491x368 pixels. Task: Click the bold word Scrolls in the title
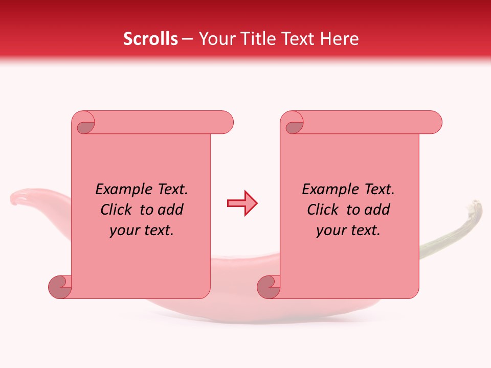150,39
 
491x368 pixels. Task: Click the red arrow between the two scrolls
242,203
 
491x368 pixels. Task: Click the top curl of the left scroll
85,125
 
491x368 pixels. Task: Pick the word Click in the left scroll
116,210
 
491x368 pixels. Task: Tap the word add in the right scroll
377,210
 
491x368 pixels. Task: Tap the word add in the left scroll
170,210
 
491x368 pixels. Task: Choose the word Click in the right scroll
322,210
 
